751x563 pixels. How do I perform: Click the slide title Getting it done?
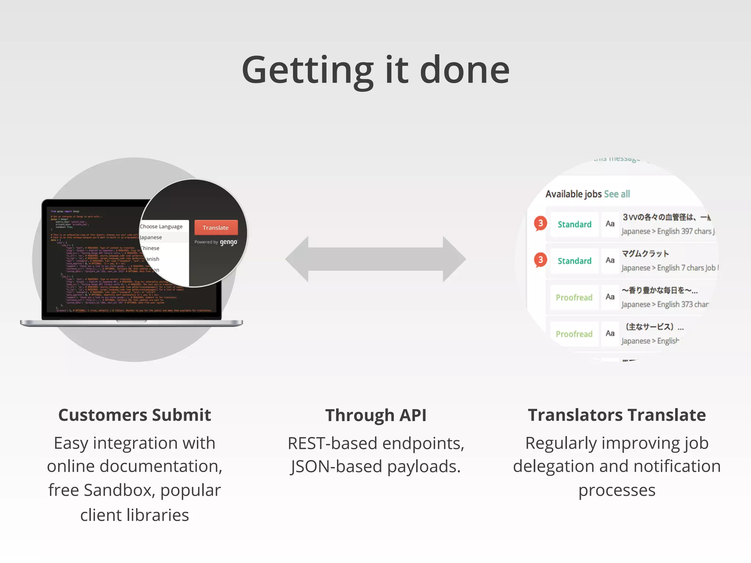[x=375, y=70]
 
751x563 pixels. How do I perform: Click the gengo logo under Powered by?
[x=228, y=242]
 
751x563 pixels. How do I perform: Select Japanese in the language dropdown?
[x=151, y=237]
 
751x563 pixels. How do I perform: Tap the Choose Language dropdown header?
[x=161, y=227]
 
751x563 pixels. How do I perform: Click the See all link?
[x=617, y=194]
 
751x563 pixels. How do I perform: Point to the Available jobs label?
[x=574, y=194]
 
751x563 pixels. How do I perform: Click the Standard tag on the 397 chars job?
[x=574, y=224]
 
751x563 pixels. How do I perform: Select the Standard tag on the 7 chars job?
[x=574, y=261]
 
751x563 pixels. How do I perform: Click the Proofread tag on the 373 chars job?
[x=574, y=297]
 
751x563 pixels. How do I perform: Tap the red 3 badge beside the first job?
[x=540, y=223]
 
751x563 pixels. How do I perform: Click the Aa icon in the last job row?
[x=610, y=333]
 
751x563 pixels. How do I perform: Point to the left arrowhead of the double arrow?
[x=297, y=259]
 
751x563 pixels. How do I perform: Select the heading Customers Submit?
[x=135, y=415]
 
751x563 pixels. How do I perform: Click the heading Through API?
[x=375, y=415]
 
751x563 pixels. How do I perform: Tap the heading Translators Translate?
[x=617, y=415]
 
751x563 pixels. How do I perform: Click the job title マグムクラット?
[x=645, y=254]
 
